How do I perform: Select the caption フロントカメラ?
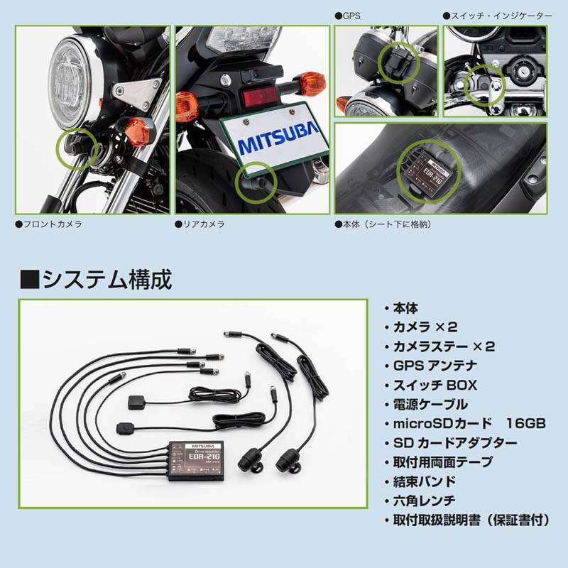pos(48,224)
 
